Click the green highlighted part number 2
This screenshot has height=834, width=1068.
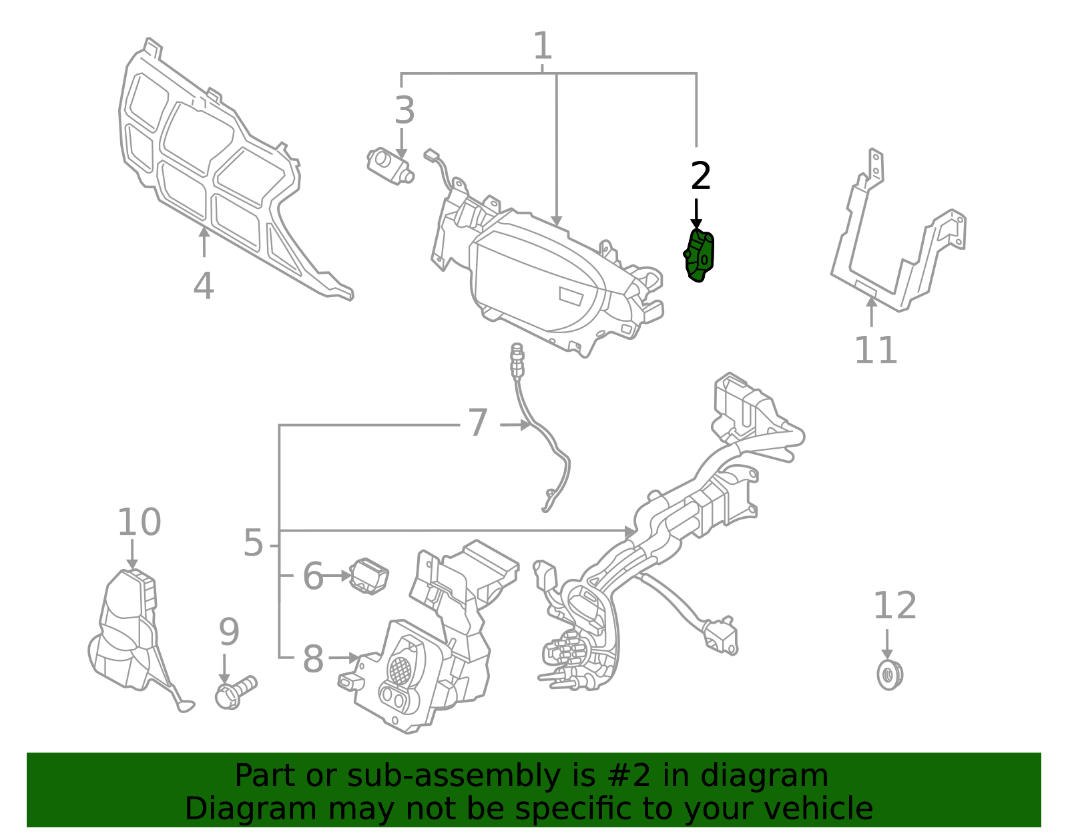pos(700,256)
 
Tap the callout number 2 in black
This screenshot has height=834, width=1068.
pos(700,177)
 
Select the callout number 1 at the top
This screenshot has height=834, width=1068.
pos(543,47)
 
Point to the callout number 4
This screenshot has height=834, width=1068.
pos(204,286)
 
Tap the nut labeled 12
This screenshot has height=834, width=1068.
pos(889,675)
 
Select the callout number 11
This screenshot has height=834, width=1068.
pos(876,350)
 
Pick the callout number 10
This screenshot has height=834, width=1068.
pos(139,522)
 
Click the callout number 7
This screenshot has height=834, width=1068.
pos(478,423)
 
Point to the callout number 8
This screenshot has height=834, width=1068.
pos(313,659)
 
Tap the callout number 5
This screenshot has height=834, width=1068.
pos(253,543)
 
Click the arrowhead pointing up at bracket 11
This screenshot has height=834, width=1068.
pos(871,302)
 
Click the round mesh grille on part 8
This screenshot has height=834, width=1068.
pos(400,668)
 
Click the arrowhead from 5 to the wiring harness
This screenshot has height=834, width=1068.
pos(630,532)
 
